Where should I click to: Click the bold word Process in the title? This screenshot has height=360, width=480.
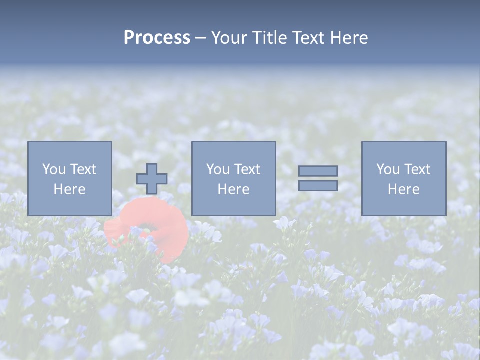[157, 38]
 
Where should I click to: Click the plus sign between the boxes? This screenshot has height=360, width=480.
[152, 179]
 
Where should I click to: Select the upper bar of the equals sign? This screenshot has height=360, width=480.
[318, 171]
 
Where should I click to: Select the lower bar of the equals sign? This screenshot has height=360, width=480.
[318, 185]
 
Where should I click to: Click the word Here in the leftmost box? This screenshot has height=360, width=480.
[69, 189]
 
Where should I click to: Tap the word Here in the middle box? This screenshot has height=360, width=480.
[233, 189]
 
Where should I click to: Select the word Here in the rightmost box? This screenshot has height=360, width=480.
[403, 189]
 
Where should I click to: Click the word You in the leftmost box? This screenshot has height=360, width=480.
[54, 169]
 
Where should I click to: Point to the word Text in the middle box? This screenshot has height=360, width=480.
[247, 169]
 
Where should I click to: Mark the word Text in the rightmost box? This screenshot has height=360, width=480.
[417, 169]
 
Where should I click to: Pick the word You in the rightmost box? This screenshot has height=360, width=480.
[388, 169]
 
